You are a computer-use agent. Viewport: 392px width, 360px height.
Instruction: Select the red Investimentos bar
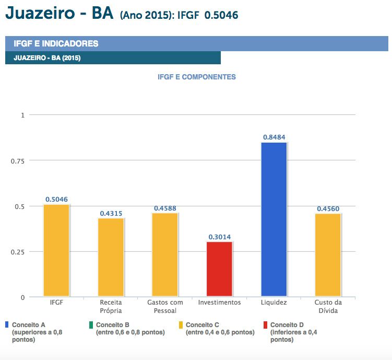tap(219, 269)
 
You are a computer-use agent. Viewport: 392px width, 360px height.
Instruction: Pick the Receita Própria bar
tap(111, 257)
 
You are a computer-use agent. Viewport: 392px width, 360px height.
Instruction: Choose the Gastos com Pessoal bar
tap(165, 255)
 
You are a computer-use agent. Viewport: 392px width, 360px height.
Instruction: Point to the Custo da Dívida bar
tap(328, 255)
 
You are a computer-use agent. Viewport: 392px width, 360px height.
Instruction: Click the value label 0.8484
tap(274, 137)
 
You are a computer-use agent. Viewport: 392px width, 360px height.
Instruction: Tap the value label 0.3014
tap(219, 237)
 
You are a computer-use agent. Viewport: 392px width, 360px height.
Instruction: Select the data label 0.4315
tap(111, 213)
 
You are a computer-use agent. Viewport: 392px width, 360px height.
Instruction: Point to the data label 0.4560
tap(328, 209)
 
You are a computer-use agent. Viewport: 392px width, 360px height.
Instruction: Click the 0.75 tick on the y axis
tap(18, 160)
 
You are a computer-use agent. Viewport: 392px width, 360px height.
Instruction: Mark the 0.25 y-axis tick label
tap(18, 252)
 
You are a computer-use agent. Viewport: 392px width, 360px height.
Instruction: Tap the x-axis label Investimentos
tap(219, 303)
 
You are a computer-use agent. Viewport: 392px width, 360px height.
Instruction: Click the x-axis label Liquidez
tap(274, 303)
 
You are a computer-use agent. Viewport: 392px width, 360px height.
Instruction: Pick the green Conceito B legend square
tap(91, 325)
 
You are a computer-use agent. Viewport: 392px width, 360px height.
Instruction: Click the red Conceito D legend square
tap(265, 325)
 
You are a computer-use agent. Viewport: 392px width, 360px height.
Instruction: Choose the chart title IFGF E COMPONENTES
tap(196, 77)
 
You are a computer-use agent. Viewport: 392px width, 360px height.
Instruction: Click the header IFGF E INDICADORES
tap(56, 44)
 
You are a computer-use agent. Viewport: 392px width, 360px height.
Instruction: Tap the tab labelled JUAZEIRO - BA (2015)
tap(47, 58)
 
